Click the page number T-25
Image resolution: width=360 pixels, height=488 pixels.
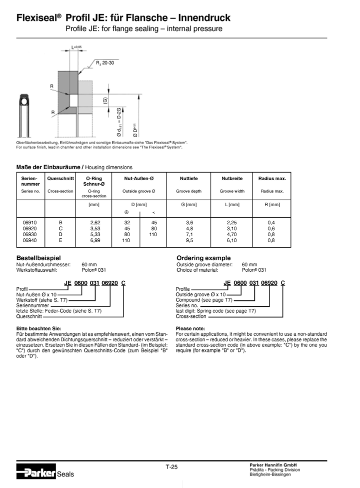(171, 467)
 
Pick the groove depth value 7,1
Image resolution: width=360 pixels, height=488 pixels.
(189, 234)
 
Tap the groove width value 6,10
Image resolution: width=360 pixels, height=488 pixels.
(232, 240)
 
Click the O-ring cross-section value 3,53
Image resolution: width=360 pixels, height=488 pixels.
(95, 228)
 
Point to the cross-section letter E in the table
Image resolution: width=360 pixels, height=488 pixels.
(60, 240)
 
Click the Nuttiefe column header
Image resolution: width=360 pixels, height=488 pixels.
(188, 178)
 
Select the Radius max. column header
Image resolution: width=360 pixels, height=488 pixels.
(272, 178)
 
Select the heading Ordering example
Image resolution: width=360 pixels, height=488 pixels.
(203, 257)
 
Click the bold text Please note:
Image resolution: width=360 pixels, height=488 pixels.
(190, 328)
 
